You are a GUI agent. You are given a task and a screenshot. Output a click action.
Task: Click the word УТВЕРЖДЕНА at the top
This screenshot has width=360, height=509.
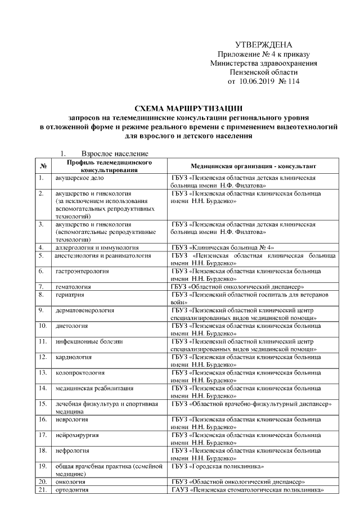pyautogui.click(x=263, y=45)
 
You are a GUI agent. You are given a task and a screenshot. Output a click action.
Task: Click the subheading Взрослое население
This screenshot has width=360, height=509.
pyautogui.click(x=115, y=153)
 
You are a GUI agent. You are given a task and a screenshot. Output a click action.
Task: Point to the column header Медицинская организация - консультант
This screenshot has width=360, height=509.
pyautogui.click(x=254, y=166)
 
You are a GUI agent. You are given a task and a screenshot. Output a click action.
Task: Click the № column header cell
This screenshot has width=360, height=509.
pyautogui.click(x=43, y=166)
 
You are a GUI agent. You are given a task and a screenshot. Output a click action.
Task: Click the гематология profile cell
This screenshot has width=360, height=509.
pyautogui.click(x=73, y=286)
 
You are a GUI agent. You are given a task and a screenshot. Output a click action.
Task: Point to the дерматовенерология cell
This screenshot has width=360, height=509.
pyautogui.click(x=85, y=310)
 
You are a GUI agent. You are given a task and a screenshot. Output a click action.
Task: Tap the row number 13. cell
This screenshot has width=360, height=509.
pyautogui.click(x=42, y=372)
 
